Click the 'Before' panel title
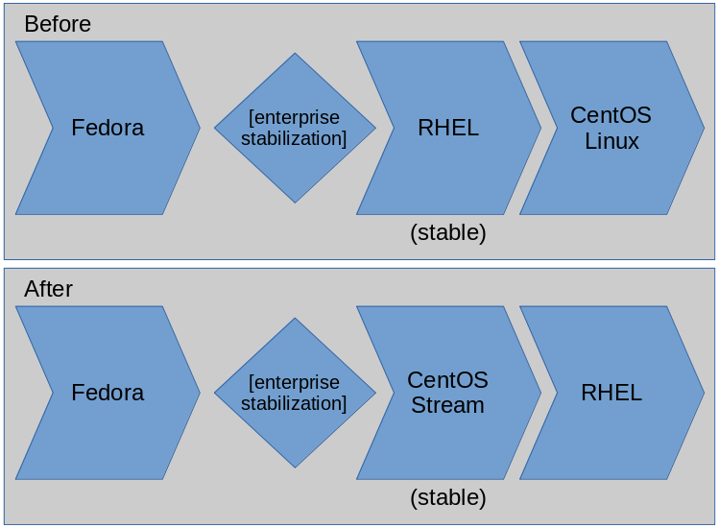pos(58,24)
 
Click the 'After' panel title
pos(48,289)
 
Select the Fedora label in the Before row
pos(108,128)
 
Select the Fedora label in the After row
pos(108,393)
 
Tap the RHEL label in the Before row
pos(448,128)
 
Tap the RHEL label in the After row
pos(611,393)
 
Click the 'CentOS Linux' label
pos(611,128)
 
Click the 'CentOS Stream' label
pos(448,393)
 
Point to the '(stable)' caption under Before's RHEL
pos(448,232)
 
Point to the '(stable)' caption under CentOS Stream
pos(448,497)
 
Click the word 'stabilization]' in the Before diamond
pos(294,138)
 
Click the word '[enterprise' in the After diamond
pos(294,382)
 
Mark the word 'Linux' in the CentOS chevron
pos(611,141)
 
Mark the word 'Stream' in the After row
pos(447,405)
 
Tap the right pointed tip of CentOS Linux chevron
pos(703,128)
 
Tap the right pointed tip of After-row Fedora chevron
pos(199,393)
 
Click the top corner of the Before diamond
pos(295,55)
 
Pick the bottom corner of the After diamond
pos(295,467)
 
